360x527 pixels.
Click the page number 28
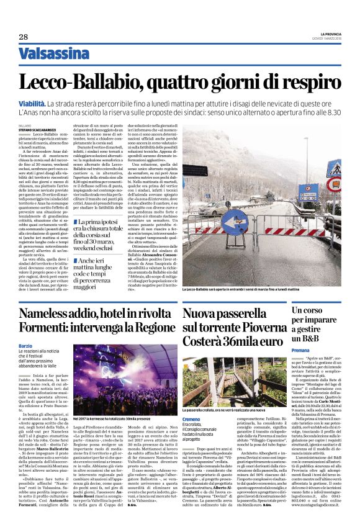click(x=23, y=37)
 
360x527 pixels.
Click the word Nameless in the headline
click(x=53, y=315)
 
